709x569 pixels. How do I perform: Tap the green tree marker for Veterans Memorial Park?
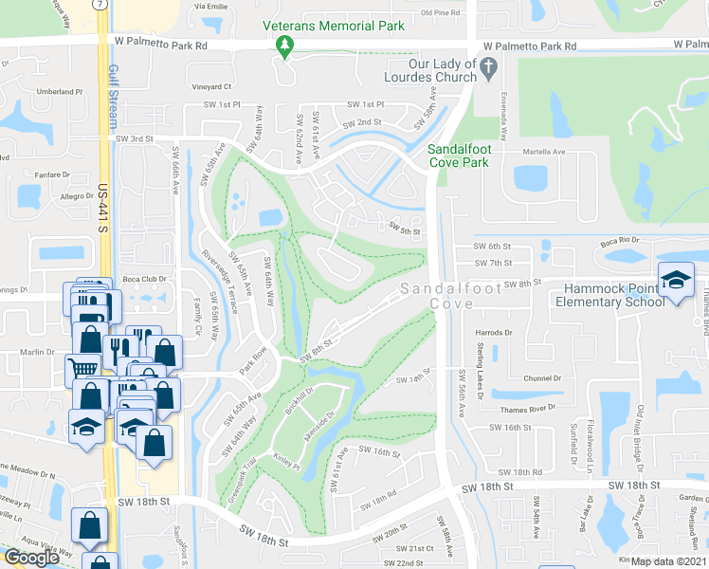[x=282, y=45]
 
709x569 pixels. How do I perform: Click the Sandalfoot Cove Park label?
[x=472, y=156]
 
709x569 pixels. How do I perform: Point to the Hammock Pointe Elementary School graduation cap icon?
[x=678, y=279]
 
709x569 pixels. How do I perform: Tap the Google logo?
[x=31, y=558]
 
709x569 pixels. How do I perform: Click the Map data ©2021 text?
[x=669, y=561]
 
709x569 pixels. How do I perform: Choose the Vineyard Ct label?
[x=211, y=86]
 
